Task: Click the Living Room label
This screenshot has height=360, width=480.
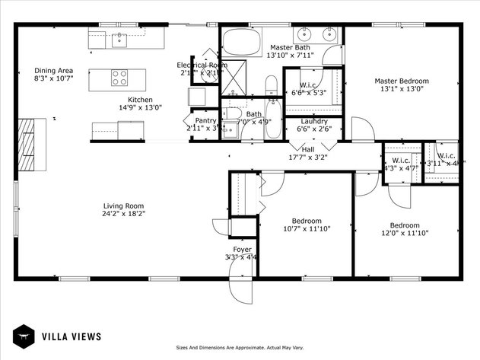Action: point(124,205)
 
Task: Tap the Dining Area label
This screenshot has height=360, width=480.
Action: point(53,70)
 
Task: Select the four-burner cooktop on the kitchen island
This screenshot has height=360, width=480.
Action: point(120,78)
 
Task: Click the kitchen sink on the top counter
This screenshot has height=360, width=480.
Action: point(119,40)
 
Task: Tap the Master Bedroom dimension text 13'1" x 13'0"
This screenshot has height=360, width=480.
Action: point(402,89)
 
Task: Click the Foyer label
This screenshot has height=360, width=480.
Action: point(242,249)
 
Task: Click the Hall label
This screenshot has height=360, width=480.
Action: point(308,149)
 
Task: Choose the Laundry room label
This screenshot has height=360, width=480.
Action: point(314,122)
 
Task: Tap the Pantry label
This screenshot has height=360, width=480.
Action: point(205,120)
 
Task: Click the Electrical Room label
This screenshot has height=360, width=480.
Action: point(202,65)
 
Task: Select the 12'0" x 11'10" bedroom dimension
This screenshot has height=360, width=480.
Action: point(405,234)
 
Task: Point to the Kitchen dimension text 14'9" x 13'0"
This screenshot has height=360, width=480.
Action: point(140,108)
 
